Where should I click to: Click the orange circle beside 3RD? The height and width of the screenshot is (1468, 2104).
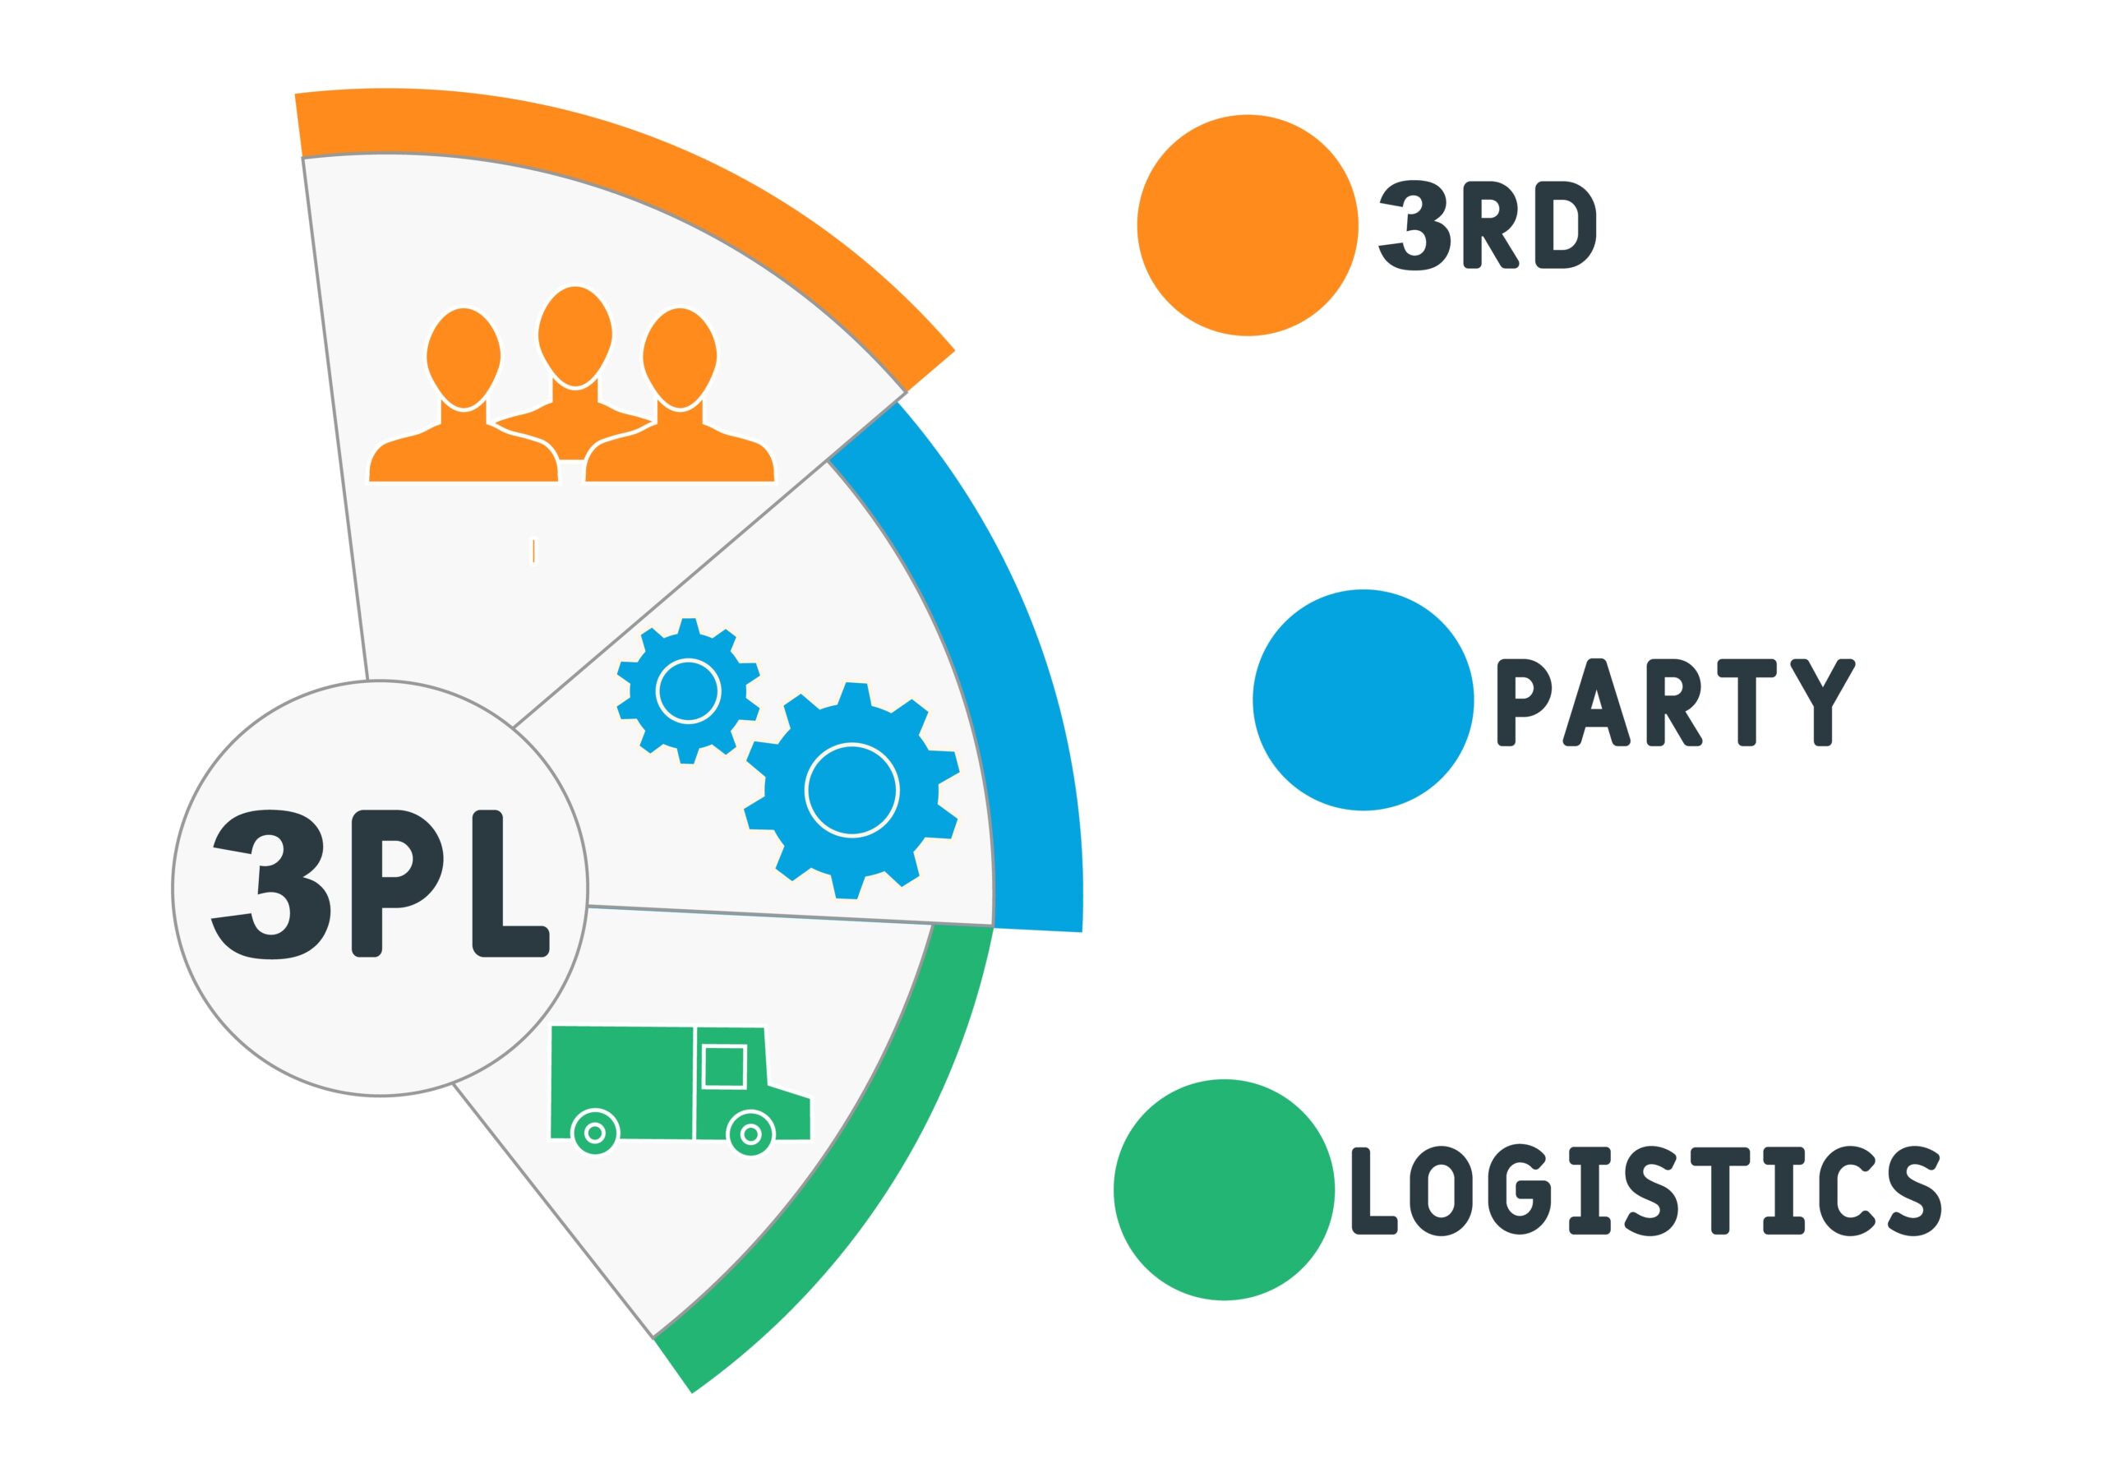pyautogui.click(x=1247, y=225)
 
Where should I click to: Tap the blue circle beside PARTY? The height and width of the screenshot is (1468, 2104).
pyautogui.click(x=1363, y=699)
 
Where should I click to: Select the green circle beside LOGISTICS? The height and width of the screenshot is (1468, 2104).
pyautogui.click(x=1225, y=1189)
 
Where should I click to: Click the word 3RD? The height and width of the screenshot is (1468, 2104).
pyautogui.click(x=1488, y=225)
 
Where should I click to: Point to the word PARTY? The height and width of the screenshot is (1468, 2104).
pyautogui.click(x=1675, y=702)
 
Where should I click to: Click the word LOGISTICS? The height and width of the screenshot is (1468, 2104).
pyautogui.click(x=1645, y=1190)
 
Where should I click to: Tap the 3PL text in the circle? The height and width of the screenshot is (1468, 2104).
pyautogui.click(x=381, y=885)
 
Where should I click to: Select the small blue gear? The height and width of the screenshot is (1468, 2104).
pyautogui.click(x=688, y=691)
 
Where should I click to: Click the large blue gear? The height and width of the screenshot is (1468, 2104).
pyautogui.click(x=851, y=790)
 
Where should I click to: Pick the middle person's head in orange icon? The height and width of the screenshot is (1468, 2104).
pyautogui.click(x=574, y=335)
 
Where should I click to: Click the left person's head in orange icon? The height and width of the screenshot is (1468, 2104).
pyautogui.click(x=464, y=358)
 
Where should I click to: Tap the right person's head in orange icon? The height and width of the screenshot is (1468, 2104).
pyautogui.click(x=679, y=358)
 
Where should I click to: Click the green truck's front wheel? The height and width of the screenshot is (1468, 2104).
pyautogui.click(x=750, y=1134)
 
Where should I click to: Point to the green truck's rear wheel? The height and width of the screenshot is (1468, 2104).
pyautogui.click(x=595, y=1133)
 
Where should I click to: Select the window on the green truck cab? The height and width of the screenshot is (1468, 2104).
pyautogui.click(x=724, y=1067)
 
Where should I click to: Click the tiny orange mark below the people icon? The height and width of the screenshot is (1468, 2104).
pyautogui.click(x=533, y=551)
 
